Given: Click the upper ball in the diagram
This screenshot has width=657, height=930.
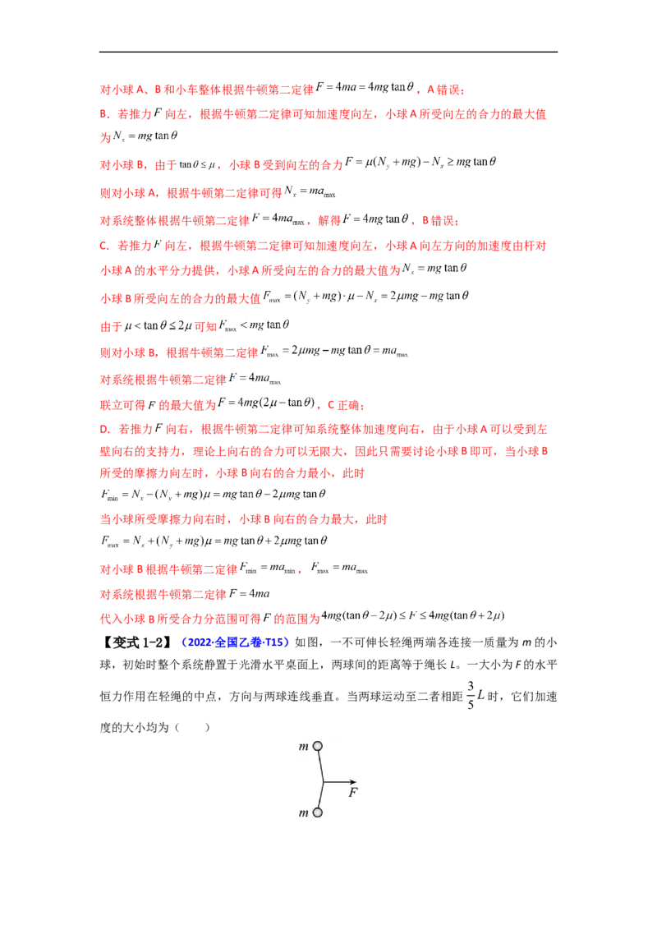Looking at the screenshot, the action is (x=318, y=746).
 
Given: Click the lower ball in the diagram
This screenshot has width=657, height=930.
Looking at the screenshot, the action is (x=317, y=813).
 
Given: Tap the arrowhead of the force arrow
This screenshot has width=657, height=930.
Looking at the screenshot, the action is (x=353, y=782).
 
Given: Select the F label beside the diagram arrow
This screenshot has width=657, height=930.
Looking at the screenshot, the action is (x=353, y=793).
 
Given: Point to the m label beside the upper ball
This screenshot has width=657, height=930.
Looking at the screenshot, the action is (x=304, y=747).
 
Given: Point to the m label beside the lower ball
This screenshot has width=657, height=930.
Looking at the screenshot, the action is (x=304, y=813).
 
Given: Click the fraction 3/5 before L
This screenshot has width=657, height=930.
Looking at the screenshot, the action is (x=471, y=695).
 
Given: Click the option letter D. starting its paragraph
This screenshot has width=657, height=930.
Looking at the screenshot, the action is (x=105, y=430).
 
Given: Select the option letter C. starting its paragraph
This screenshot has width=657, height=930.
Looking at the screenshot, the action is (x=104, y=246).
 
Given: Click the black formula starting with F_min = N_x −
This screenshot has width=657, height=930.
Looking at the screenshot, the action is (x=214, y=494).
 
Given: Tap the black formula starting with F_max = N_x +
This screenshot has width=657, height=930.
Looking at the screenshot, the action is (x=214, y=541).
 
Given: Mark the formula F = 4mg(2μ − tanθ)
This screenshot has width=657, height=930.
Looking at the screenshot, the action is (x=266, y=403).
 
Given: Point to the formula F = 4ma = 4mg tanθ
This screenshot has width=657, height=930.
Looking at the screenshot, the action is (x=365, y=87).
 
